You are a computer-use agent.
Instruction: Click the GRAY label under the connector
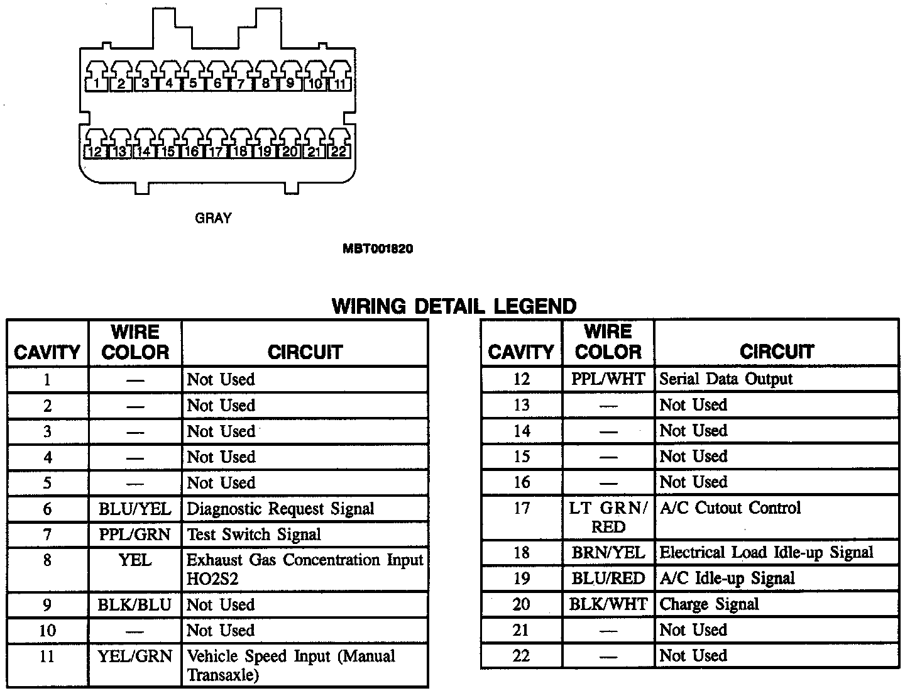[x=214, y=218]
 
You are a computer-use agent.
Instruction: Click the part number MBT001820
[x=378, y=248]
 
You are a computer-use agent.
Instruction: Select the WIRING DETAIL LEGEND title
[x=454, y=306]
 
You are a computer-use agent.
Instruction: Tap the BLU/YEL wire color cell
[x=135, y=508]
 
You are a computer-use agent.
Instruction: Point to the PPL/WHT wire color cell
[x=608, y=379]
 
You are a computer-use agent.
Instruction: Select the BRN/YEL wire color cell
[x=608, y=552]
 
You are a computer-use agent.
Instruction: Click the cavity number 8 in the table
[x=48, y=560]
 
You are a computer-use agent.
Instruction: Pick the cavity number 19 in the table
[x=521, y=579]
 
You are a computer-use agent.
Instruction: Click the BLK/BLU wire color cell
[x=135, y=605]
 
